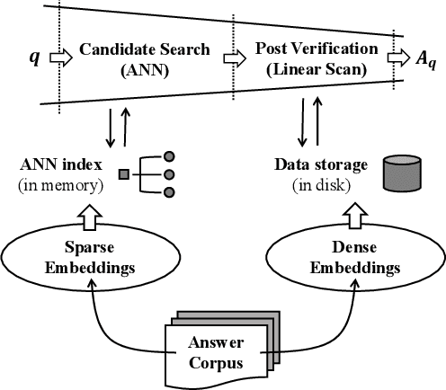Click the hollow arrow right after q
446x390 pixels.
tap(59, 58)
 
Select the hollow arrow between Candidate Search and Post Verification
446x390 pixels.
tap(233, 58)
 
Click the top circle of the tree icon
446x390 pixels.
tap(168, 155)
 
